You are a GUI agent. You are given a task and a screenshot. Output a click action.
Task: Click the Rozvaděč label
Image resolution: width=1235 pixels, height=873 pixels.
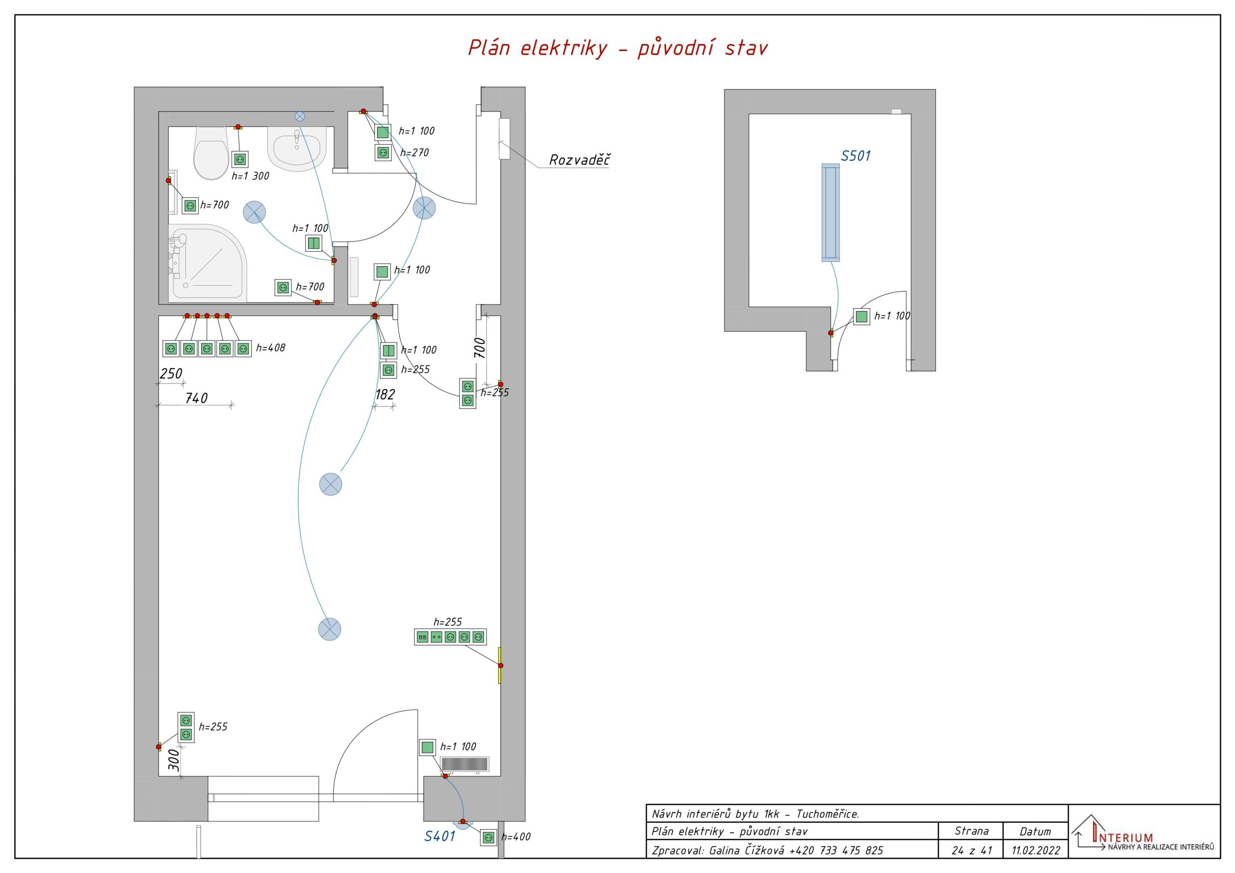click(579, 160)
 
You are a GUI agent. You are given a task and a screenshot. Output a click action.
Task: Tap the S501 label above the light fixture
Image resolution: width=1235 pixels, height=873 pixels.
click(855, 156)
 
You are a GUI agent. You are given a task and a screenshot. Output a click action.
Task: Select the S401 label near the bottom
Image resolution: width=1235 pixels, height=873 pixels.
click(439, 836)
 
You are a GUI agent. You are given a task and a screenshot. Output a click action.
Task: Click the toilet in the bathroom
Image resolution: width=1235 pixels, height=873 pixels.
click(211, 153)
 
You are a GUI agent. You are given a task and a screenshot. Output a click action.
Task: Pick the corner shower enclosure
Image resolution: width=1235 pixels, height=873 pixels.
click(207, 262)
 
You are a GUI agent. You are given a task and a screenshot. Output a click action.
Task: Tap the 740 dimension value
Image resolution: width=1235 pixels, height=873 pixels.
click(196, 398)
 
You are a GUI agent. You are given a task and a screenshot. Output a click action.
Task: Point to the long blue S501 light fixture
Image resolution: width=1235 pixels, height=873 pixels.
click(831, 213)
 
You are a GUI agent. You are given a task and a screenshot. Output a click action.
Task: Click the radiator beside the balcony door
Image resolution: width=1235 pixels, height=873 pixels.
click(465, 765)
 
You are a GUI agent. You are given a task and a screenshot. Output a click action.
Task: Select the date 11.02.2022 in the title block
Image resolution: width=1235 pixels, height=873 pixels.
click(1036, 850)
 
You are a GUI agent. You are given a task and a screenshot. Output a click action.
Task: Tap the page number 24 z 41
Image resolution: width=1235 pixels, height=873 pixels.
click(972, 850)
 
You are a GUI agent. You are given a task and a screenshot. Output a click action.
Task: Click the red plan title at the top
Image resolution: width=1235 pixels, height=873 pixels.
click(617, 48)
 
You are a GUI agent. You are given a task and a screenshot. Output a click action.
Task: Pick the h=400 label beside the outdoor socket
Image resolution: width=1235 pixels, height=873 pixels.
click(516, 837)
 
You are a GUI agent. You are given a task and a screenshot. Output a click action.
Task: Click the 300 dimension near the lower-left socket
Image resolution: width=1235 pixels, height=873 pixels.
click(174, 761)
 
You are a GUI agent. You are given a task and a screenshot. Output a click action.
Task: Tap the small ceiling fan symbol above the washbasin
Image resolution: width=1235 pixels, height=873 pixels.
click(300, 116)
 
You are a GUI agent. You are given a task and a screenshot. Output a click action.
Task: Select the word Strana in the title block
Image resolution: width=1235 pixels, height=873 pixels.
click(972, 831)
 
